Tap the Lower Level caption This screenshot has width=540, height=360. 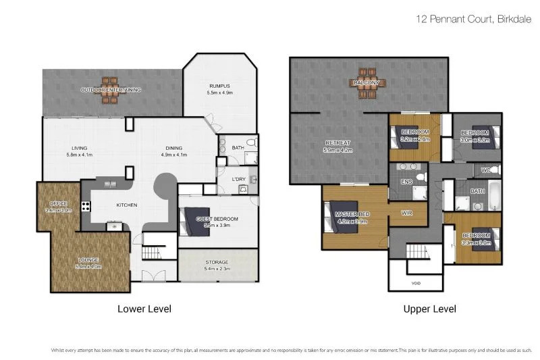pyautogui.click(x=144, y=309)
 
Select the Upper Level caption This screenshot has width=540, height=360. pyautogui.click(x=429, y=309)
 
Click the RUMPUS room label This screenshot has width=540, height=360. pyautogui.click(x=219, y=86)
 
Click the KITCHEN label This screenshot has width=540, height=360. pyautogui.click(x=127, y=205)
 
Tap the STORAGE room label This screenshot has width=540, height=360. pyautogui.click(x=217, y=262)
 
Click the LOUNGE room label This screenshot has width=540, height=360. pyautogui.click(x=88, y=259)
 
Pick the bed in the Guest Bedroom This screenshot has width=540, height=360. pyautogui.click(x=190, y=220)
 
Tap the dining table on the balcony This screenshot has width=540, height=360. pyautogui.click(x=368, y=83)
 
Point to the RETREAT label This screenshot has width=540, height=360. pyautogui.click(x=337, y=143)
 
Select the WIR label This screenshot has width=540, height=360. pyautogui.click(x=406, y=213)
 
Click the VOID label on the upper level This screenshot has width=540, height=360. pyautogui.click(x=415, y=283)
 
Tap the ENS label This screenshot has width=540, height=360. pyautogui.click(x=407, y=182)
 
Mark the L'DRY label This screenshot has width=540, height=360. pyautogui.click(x=238, y=179)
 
